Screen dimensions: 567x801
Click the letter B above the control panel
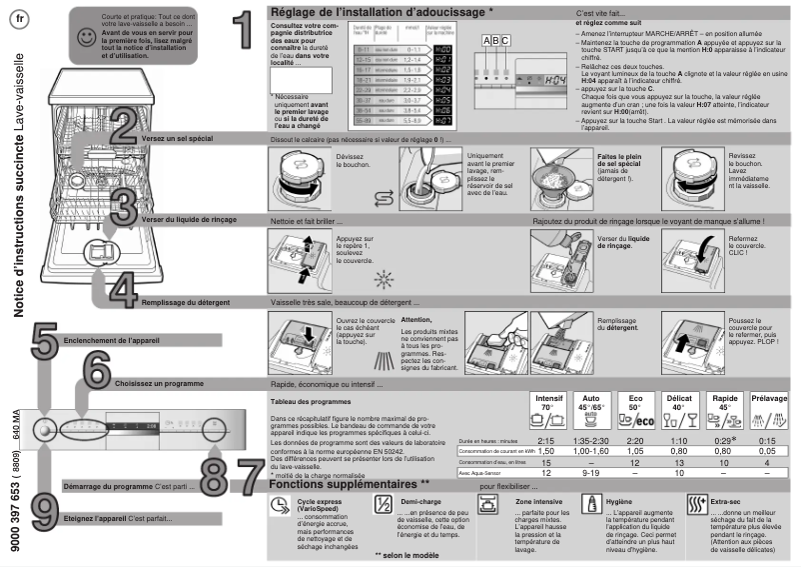point(494,40)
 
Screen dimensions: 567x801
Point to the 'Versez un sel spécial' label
point(177,139)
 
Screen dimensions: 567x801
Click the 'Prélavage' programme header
point(768,398)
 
